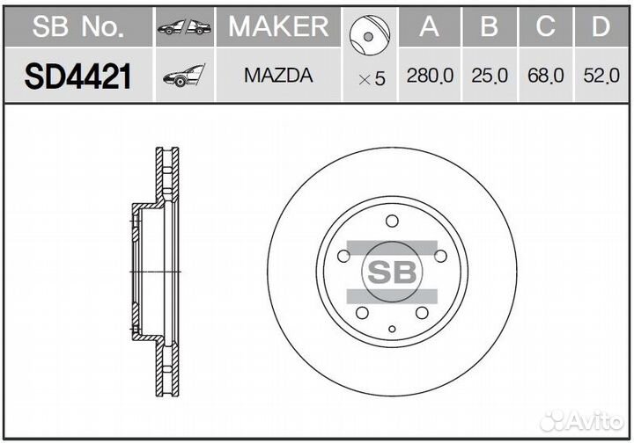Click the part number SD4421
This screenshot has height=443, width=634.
(77, 76)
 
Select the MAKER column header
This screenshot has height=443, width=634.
(278, 26)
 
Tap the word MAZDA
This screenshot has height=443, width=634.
(278, 76)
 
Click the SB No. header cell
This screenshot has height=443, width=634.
(77, 27)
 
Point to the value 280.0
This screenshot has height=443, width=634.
(430, 77)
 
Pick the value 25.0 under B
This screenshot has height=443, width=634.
(490, 77)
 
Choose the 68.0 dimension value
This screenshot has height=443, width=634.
(546, 77)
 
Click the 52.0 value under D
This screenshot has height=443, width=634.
(601, 77)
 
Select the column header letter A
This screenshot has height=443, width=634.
(429, 27)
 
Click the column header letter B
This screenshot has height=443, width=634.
(490, 27)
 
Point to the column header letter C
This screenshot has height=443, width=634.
(546, 27)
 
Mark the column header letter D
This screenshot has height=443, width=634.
(601, 27)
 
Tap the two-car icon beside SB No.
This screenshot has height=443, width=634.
(184, 28)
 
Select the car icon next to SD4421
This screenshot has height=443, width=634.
(183, 76)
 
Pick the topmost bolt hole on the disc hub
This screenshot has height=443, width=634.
(393, 220)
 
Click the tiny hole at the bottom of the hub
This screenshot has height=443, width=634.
(393, 330)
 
